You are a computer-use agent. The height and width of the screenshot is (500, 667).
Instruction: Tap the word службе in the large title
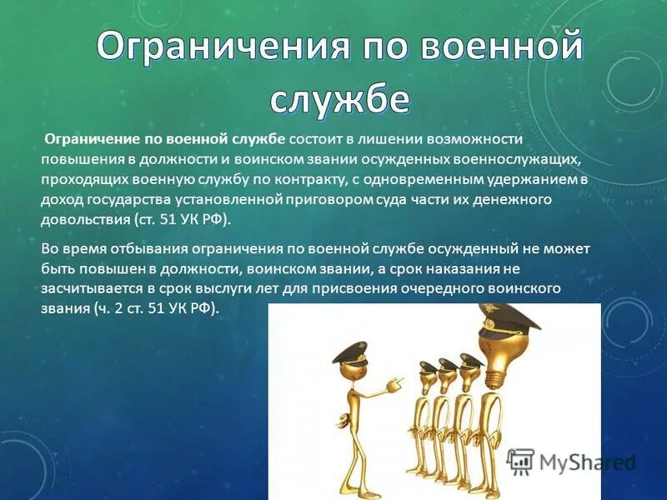click(339, 98)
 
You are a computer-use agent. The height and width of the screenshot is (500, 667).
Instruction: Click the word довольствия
click(84, 221)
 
